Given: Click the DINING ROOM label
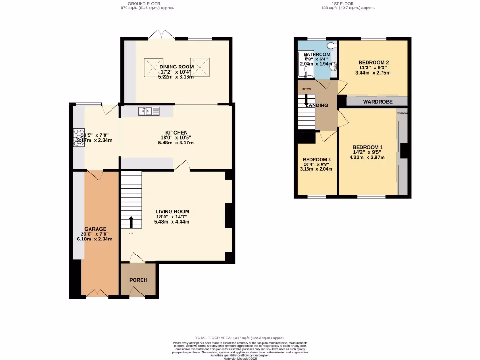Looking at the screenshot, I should [x=176, y=67].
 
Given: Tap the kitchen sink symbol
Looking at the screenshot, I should [x=149, y=111].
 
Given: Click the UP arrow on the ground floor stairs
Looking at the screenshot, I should [x=131, y=222].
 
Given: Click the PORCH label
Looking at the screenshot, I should [x=138, y=280].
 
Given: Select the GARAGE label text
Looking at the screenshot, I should [x=95, y=229].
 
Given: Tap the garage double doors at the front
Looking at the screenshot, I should [x=97, y=293].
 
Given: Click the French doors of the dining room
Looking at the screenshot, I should [x=160, y=35].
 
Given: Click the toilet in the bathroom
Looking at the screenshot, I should [x=332, y=46].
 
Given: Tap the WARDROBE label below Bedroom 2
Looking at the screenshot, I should [x=378, y=101].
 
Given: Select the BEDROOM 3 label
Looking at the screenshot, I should [x=317, y=159].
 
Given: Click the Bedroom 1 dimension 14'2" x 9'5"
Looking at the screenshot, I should [x=367, y=152].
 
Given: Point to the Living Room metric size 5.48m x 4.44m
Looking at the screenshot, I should [x=172, y=222].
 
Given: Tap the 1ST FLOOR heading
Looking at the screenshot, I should [x=347, y=3].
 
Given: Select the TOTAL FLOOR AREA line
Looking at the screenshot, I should [x=240, y=338].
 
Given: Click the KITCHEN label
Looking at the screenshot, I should [x=176, y=133].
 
